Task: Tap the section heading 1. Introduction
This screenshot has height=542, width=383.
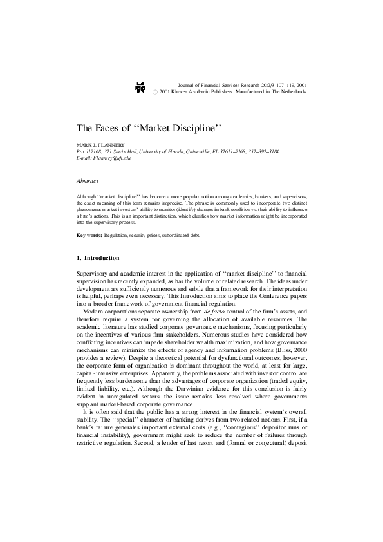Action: click(98, 258)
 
